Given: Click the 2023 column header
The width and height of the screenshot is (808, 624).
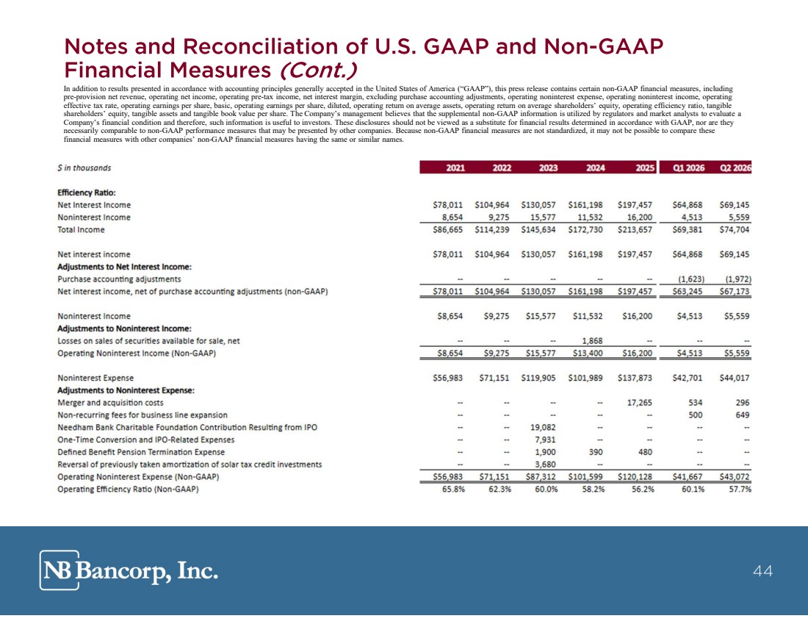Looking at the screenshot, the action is coord(548,168).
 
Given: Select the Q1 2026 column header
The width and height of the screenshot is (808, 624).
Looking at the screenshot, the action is coord(689,168).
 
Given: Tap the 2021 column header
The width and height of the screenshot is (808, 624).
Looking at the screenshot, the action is coord(455,168).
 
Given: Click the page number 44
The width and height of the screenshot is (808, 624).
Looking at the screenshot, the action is coord(762,571).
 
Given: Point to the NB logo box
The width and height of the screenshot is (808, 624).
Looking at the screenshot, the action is coord(59,570).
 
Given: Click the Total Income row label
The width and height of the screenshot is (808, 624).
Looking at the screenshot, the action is coord(81,229).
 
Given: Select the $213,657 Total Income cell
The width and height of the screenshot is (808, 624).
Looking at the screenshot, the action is coord(635,229).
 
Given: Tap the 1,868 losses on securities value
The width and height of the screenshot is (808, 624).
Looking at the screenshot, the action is coord(592,341).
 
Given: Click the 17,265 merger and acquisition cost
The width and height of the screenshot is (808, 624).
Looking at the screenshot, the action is coord(640,403).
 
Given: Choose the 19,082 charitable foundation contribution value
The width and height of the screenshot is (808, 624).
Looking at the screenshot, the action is coord(543,428).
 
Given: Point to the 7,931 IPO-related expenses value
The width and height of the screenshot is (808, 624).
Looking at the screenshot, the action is coord(545,440).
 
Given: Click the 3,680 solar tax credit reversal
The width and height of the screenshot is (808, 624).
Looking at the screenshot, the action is coord(545,465).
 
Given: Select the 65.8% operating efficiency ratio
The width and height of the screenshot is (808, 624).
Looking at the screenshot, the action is coord(453,489).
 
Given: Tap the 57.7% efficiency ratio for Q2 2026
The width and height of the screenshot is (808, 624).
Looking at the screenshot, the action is coord(740,489).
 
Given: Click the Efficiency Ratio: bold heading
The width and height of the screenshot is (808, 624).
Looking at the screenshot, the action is coord(87,193).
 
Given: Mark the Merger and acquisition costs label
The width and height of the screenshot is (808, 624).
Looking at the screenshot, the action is coord(110,403).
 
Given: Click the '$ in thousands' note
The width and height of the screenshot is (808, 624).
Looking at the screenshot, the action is coord(84,168).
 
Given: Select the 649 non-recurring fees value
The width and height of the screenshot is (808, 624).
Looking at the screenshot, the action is coord(743,415).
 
